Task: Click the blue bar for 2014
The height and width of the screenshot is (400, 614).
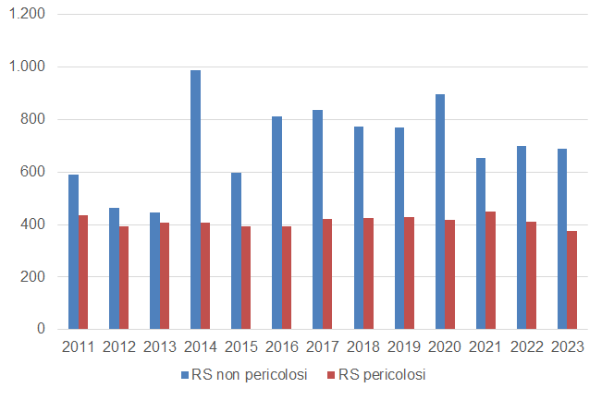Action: pos(195,200)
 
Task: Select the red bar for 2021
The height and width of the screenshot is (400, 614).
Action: pos(490,270)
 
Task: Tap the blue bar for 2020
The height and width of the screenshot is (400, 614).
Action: pos(439,212)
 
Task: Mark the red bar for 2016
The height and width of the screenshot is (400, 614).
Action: pos(287,277)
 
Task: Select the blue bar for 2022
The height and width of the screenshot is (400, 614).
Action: pos(521,237)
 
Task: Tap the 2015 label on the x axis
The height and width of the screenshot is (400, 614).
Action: pos(240,346)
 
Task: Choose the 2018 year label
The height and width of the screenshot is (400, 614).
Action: pos(362,346)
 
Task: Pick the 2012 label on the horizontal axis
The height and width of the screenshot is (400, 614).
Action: pos(118,346)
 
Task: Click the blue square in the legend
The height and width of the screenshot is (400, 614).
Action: pos(184,375)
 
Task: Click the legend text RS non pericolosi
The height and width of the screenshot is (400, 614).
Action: pos(250,375)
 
